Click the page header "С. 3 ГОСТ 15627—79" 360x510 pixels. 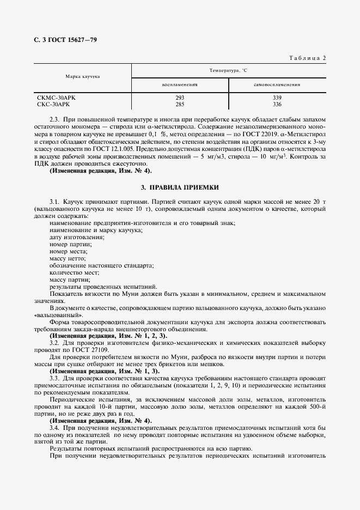(65, 40)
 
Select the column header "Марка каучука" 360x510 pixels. (82, 77)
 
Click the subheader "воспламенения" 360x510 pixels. (179, 86)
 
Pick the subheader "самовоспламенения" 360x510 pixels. (277, 86)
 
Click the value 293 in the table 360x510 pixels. (180, 98)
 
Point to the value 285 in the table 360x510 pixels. (180, 104)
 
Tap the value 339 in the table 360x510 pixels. (277, 98)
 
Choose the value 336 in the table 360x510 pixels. (277, 104)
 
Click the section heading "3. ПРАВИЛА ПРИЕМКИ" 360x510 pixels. (180, 187)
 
